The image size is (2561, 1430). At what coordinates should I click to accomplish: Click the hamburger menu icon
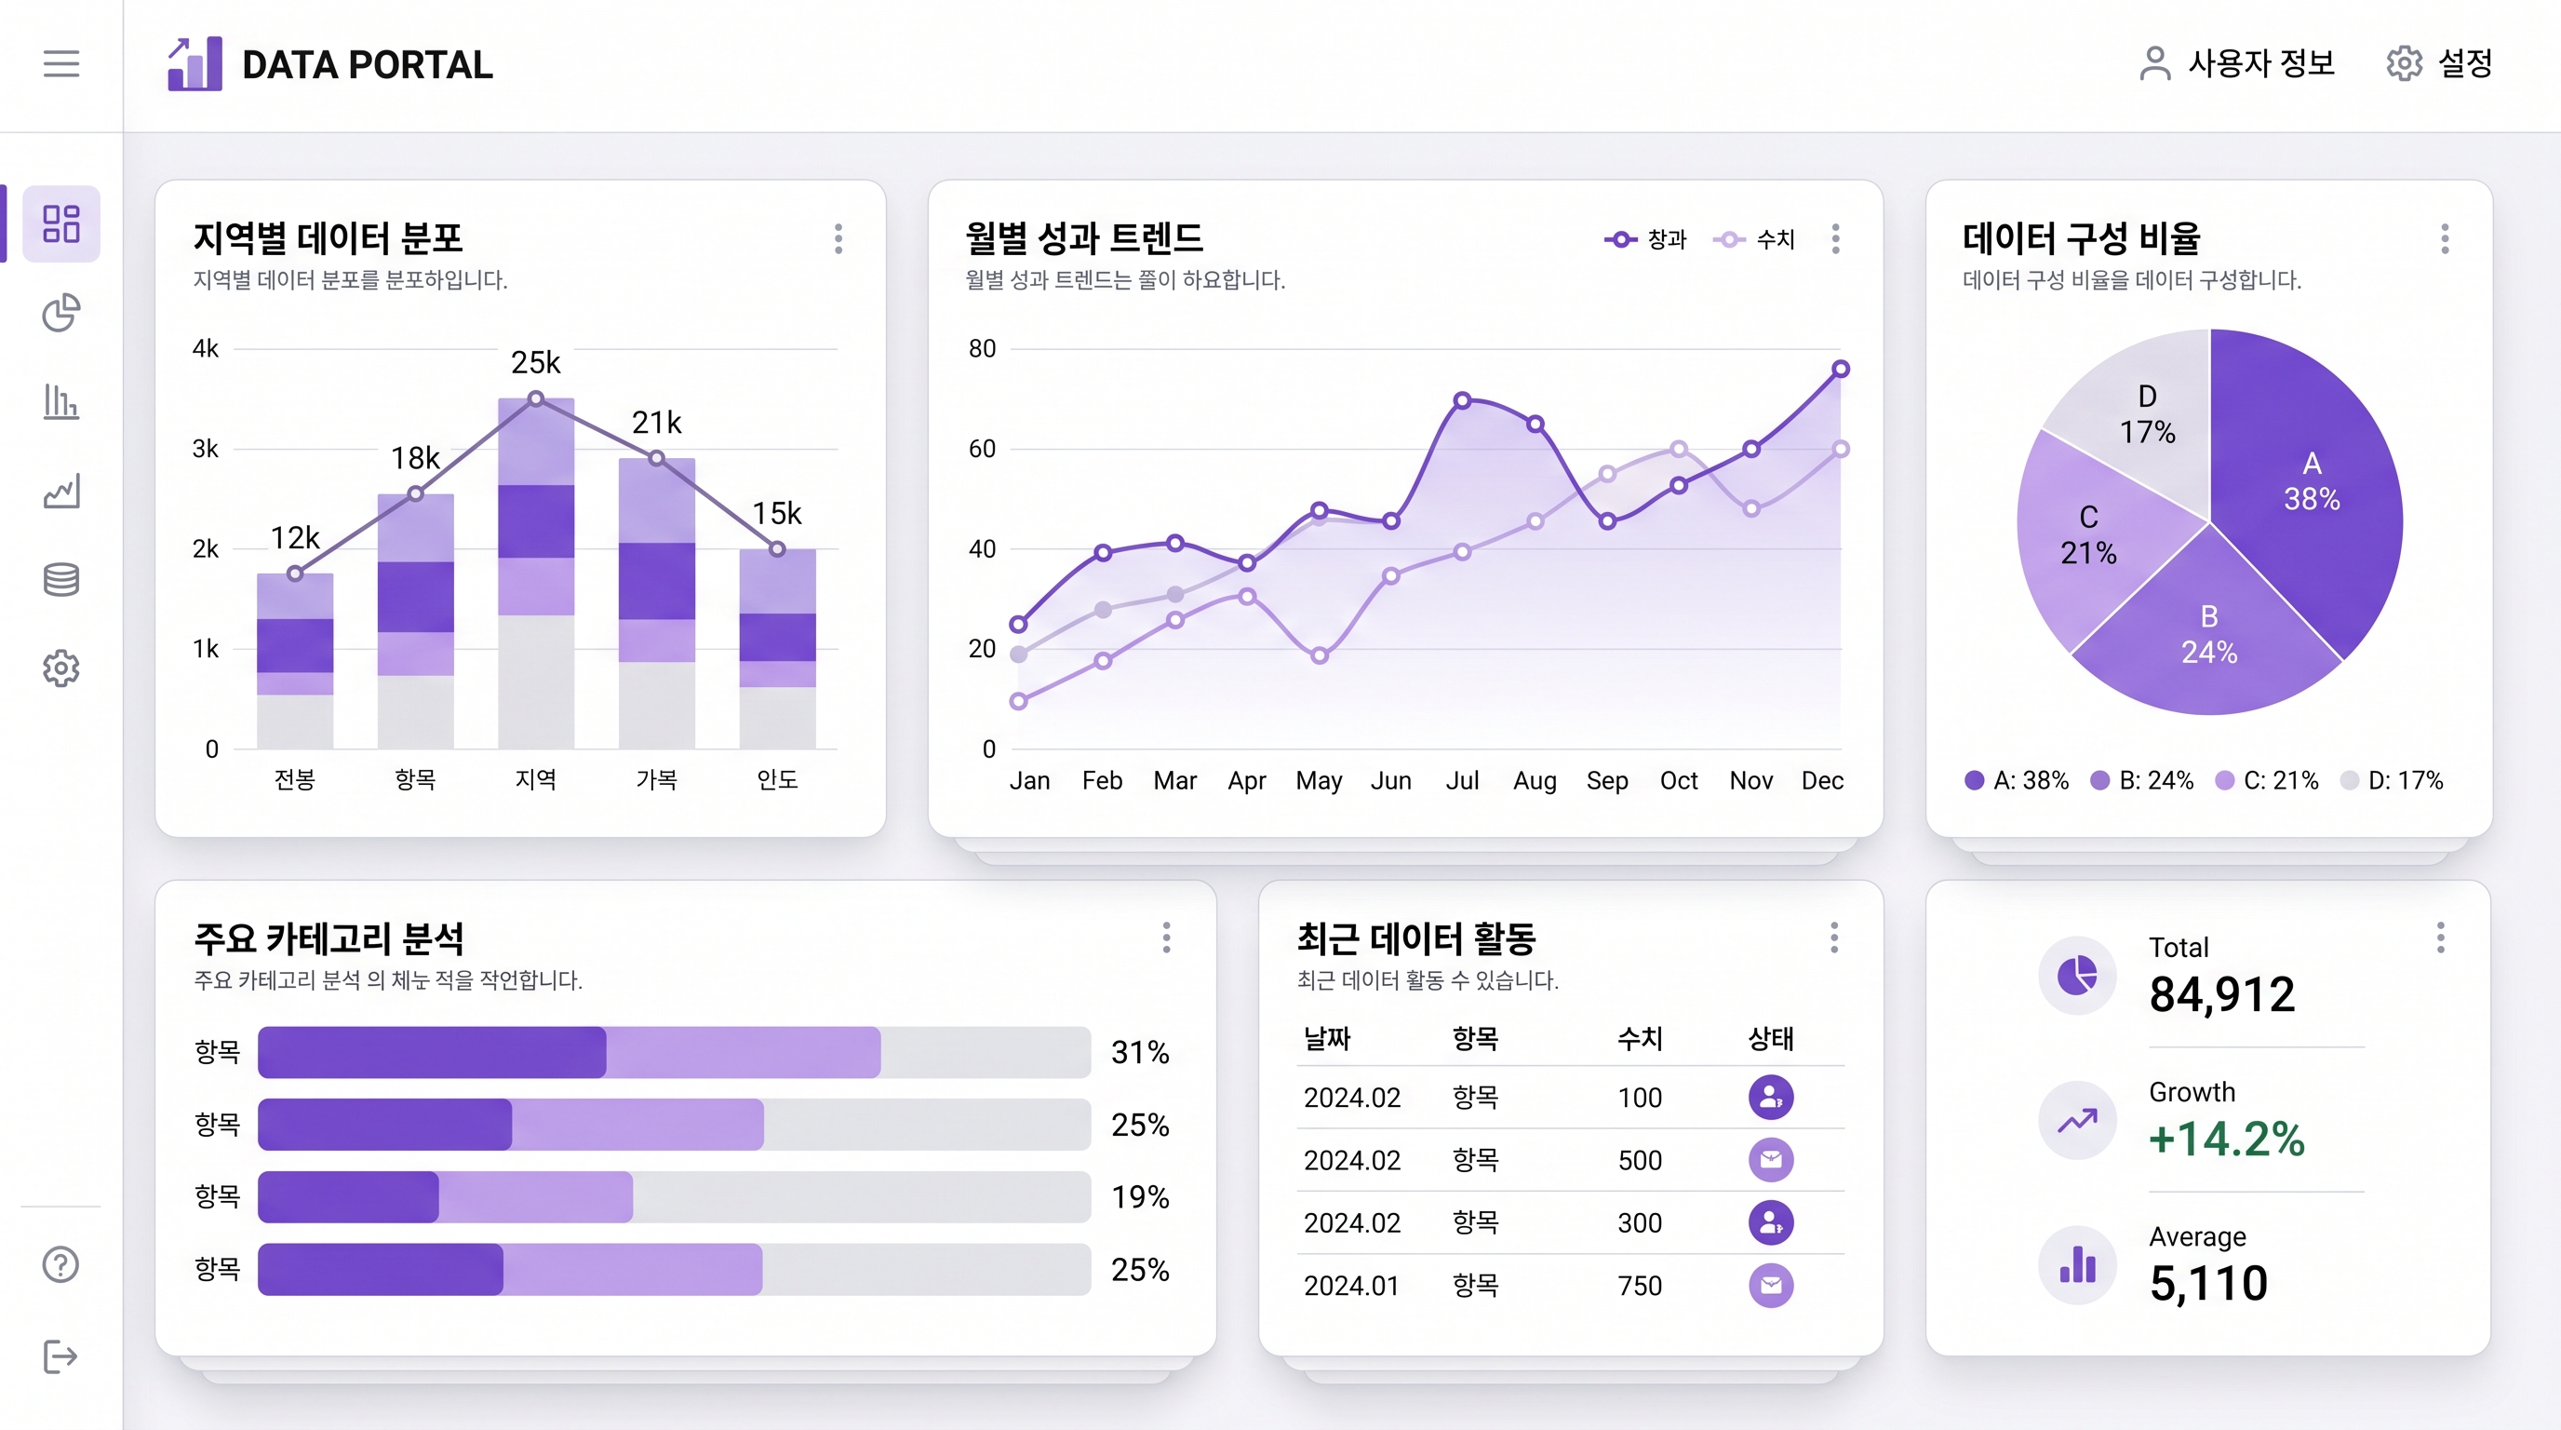point(60,63)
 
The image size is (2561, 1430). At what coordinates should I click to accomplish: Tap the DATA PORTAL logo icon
point(194,64)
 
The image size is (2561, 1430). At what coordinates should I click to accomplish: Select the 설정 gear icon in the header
point(2404,63)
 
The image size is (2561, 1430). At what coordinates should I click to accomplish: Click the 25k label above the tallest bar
point(536,363)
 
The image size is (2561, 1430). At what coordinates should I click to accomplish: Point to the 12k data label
point(295,538)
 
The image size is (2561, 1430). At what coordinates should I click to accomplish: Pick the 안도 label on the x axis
point(777,779)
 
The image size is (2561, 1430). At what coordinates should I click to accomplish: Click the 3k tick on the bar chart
point(206,449)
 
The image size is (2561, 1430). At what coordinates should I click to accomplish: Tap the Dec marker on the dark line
point(1840,369)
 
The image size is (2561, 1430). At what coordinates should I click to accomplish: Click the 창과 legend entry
point(1646,239)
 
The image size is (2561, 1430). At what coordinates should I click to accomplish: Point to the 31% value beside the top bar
point(1139,1052)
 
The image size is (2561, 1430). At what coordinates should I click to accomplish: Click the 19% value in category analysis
point(1139,1197)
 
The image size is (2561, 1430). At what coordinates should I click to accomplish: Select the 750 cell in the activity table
point(1640,1286)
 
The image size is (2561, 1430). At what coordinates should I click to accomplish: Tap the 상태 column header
point(1771,1039)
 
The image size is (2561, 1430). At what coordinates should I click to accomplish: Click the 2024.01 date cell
point(1351,1286)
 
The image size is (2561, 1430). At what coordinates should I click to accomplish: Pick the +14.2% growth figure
point(2226,1140)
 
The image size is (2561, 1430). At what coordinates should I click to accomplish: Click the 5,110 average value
point(2208,1284)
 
